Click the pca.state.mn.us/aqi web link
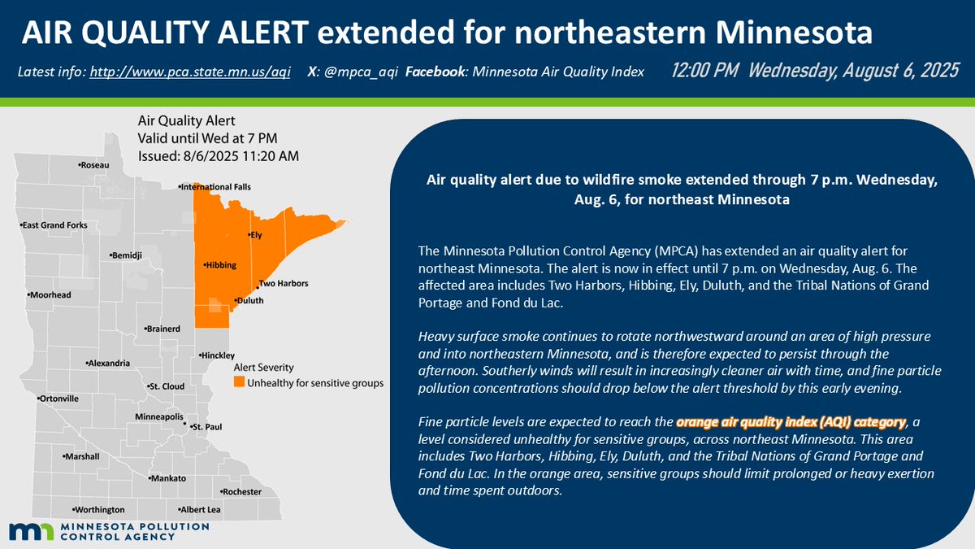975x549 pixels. [x=192, y=72]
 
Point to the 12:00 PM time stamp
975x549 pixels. [x=704, y=71]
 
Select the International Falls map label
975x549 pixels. [x=216, y=187]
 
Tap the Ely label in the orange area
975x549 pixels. [x=256, y=235]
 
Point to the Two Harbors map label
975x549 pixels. [x=283, y=284]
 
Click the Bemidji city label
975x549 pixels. [x=128, y=255]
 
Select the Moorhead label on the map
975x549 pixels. [x=50, y=294]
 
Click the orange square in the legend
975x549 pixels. [x=239, y=382]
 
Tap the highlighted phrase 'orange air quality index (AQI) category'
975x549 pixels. [x=790, y=422]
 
